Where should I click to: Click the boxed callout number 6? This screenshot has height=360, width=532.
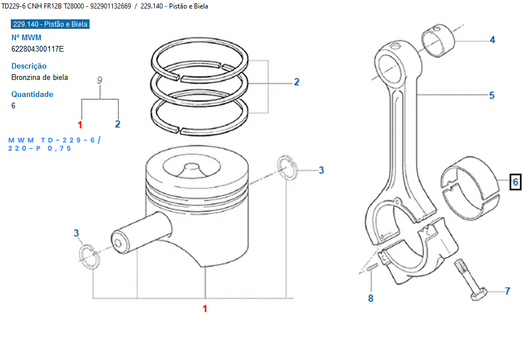pos(515,182)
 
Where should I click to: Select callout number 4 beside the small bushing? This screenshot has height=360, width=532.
pos(492,40)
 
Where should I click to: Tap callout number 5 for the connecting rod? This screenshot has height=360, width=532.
pos(492,95)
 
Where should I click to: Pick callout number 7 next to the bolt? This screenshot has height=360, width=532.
pos(507,291)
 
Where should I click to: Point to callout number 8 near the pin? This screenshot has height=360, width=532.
pos(371,298)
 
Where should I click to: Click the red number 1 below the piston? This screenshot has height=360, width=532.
pos(205,309)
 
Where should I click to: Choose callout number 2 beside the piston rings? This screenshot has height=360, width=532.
pos(296,82)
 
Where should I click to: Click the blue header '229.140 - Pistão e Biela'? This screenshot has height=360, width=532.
pos(50,24)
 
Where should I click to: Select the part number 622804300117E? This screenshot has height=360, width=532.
pos(37,49)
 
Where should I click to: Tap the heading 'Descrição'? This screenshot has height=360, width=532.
pos(29,66)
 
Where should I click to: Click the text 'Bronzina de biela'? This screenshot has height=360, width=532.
pos(40,77)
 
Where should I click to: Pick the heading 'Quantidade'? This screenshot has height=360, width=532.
pos(32,94)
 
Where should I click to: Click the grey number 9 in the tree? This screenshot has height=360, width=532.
pos(99,81)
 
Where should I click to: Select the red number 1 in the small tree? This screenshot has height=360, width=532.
pos(80,124)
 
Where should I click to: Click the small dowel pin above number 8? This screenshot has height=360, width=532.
pos(371,268)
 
